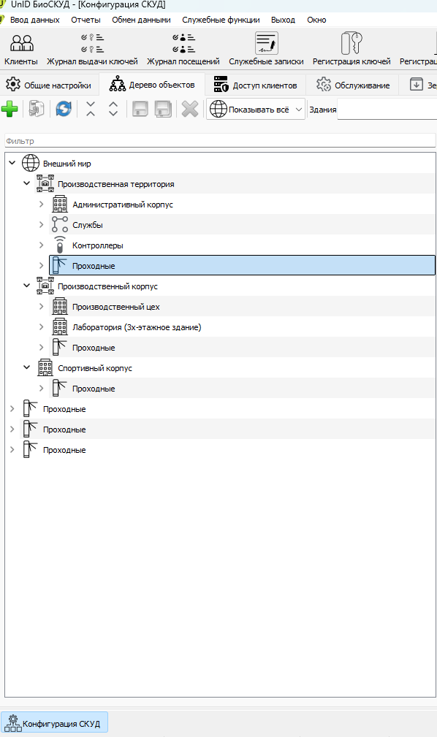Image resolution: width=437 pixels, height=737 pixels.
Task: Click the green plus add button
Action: (x=9, y=109)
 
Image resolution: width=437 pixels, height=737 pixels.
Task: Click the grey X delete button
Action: (x=190, y=109)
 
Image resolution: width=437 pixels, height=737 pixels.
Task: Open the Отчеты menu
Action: (x=85, y=20)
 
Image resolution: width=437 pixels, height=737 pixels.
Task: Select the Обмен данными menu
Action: (x=141, y=20)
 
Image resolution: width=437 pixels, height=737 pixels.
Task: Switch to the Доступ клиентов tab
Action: (x=256, y=85)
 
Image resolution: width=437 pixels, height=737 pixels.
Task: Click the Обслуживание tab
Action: (x=353, y=85)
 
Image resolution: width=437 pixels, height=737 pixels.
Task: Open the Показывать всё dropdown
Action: (x=256, y=109)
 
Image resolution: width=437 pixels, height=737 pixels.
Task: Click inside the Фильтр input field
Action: (x=220, y=140)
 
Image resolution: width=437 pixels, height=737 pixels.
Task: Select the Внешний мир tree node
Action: (x=66, y=164)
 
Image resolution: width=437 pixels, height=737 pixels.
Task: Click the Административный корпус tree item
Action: (x=122, y=205)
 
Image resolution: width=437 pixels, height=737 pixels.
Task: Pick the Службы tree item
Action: (x=88, y=225)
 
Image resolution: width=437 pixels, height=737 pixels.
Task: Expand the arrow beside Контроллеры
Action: (x=42, y=245)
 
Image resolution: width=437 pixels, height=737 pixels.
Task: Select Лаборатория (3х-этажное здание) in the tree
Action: (x=137, y=327)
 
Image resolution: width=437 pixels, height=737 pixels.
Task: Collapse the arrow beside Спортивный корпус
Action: (x=27, y=367)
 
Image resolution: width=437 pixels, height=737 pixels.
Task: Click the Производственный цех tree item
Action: (x=115, y=307)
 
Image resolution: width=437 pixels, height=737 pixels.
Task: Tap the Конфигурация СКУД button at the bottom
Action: (x=55, y=723)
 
